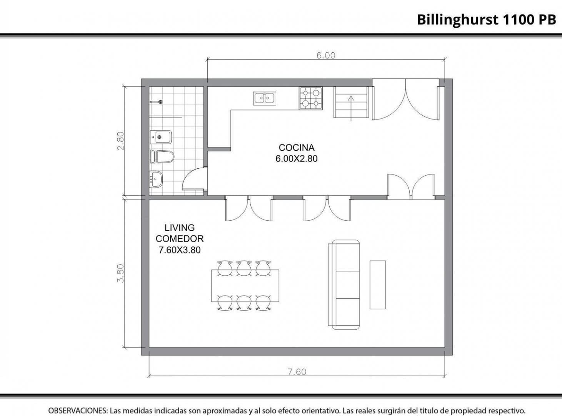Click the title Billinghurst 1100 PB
pos(487,20)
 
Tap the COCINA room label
pos(297,148)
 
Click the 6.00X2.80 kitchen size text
pos(297,159)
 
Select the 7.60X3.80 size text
pos(179,250)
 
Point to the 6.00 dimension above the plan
pos(326,55)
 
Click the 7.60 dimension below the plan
pos(297,372)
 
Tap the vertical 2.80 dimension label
pos(121,141)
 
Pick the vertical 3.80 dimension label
pos(121,273)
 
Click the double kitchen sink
pos(265,98)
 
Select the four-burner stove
pos(311,98)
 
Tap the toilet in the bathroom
pos(162,157)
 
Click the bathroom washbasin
pos(156,179)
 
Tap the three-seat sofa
pos(344,285)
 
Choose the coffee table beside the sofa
pos(377,285)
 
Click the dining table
pos(245,285)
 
